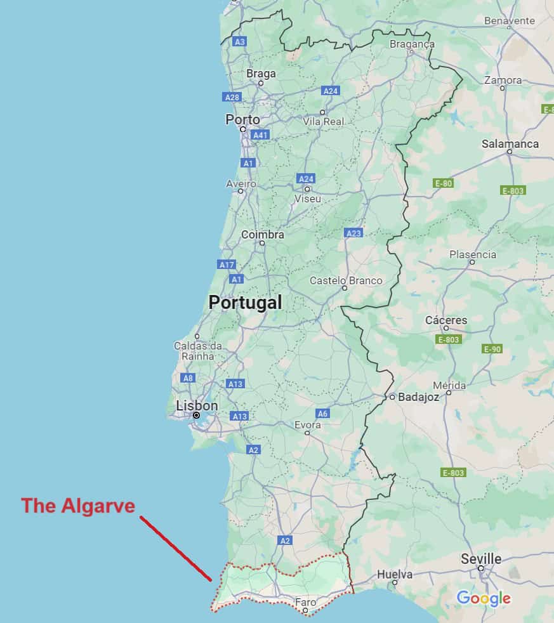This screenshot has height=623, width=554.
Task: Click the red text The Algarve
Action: (x=78, y=506)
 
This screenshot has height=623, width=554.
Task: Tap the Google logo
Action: (x=484, y=598)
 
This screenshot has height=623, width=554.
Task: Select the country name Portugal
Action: (x=245, y=303)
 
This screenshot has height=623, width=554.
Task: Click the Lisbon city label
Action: (x=197, y=405)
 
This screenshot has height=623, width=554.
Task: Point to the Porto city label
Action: (x=242, y=119)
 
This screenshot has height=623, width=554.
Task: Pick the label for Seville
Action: (x=480, y=559)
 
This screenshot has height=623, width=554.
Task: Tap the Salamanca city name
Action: (x=510, y=143)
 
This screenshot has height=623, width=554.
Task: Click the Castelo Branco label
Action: (x=346, y=280)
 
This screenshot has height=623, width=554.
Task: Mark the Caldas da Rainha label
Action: (x=198, y=351)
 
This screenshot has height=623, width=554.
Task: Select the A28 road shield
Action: (x=232, y=97)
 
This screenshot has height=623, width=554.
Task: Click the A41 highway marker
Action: (x=260, y=135)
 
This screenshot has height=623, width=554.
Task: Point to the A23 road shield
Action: (x=353, y=233)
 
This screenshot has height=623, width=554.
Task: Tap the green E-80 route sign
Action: (x=444, y=183)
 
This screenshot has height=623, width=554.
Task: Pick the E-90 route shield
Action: (x=492, y=349)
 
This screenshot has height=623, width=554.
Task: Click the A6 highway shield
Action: (x=322, y=414)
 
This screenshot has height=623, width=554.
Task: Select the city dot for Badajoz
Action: (x=392, y=397)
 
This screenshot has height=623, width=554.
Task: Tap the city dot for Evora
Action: (x=308, y=433)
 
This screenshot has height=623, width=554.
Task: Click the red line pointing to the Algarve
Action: (x=176, y=548)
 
